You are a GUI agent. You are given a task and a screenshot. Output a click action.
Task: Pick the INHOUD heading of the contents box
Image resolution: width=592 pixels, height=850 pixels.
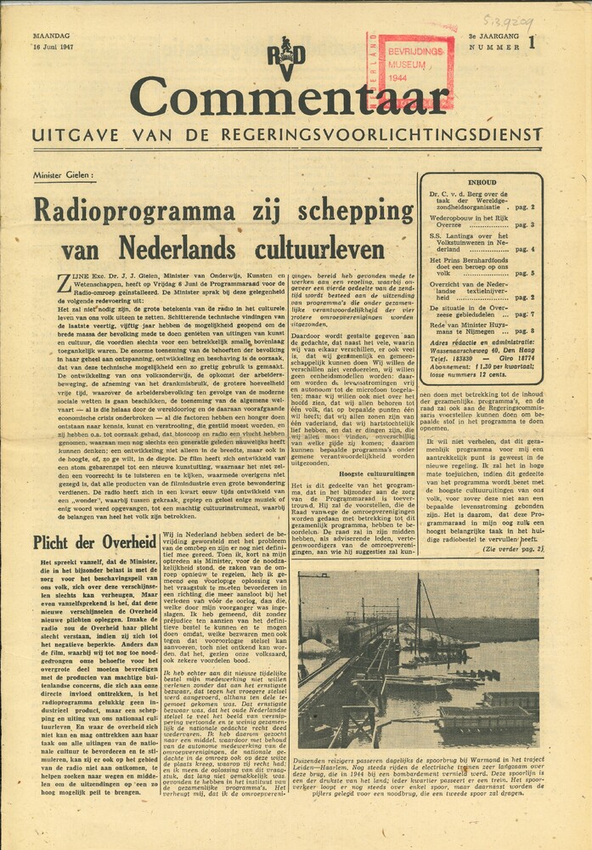pyautogui.click(x=481, y=181)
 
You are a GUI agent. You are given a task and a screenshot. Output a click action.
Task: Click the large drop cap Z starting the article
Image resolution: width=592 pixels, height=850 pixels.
pyautogui.click(x=40, y=281)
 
